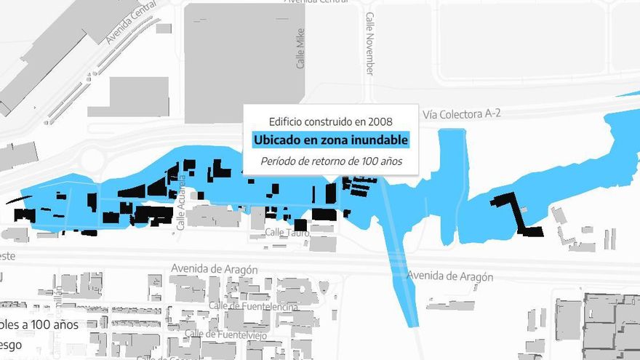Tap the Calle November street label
click(x=369, y=44)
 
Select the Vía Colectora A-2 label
click(x=462, y=113)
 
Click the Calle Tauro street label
click(x=287, y=232)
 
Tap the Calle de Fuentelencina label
click(x=253, y=306)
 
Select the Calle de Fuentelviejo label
click(x=231, y=334)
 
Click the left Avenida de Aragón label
click(x=214, y=269)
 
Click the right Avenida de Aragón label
click(x=450, y=276)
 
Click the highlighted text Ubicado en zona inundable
click(x=331, y=140)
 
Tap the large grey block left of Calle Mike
click(x=243, y=62)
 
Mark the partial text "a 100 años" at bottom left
click(x=51, y=324)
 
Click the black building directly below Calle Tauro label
click(x=300, y=225)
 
